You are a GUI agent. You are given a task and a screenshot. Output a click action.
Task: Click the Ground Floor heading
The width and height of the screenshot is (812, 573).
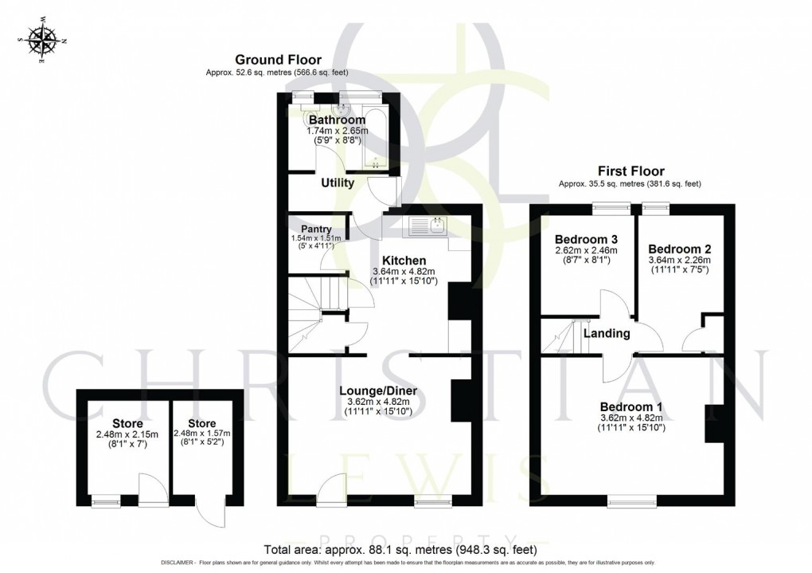[x=278, y=60]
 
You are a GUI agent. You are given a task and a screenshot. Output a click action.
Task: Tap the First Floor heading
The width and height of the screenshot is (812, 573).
[x=630, y=171]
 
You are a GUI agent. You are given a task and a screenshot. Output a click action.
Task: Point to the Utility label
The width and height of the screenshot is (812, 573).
[x=338, y=183]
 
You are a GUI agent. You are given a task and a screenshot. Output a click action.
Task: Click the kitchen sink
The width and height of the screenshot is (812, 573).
[x=428, y=226]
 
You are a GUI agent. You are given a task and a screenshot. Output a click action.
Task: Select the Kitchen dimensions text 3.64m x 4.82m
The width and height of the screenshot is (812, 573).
[x=403, y=273]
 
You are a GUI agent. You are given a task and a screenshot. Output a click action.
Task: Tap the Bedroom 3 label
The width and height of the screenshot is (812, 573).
[x=587, y=239]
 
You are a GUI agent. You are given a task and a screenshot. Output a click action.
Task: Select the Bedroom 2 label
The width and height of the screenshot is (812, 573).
[x=679, y=249]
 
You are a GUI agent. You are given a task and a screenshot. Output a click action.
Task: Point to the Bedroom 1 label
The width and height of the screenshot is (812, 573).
[x=631, y=406]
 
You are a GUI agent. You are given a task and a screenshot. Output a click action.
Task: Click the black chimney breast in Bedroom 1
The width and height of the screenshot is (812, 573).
[x=714, y=422]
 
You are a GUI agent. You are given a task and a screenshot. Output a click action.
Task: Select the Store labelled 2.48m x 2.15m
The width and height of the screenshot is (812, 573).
[x=127, y=422]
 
